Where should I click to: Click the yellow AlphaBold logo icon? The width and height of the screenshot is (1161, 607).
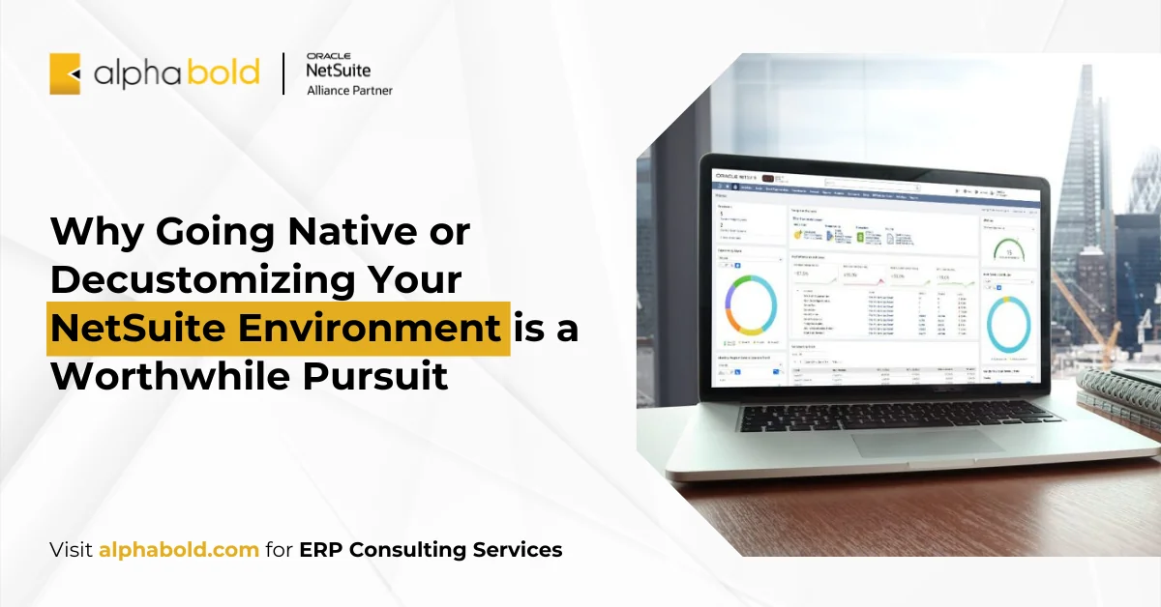65,73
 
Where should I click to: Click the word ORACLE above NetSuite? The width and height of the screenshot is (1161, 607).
327,56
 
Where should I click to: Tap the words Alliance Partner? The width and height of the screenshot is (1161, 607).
349,91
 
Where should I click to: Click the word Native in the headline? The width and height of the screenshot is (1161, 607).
349,232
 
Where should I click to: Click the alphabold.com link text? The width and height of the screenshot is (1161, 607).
179,550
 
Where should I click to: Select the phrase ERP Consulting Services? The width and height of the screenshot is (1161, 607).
431,550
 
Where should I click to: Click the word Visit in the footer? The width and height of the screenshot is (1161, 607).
72,550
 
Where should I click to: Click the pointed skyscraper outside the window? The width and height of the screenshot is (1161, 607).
1082,164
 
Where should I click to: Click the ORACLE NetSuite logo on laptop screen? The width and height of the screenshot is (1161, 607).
738,176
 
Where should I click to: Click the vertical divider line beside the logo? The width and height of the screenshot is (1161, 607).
283,74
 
